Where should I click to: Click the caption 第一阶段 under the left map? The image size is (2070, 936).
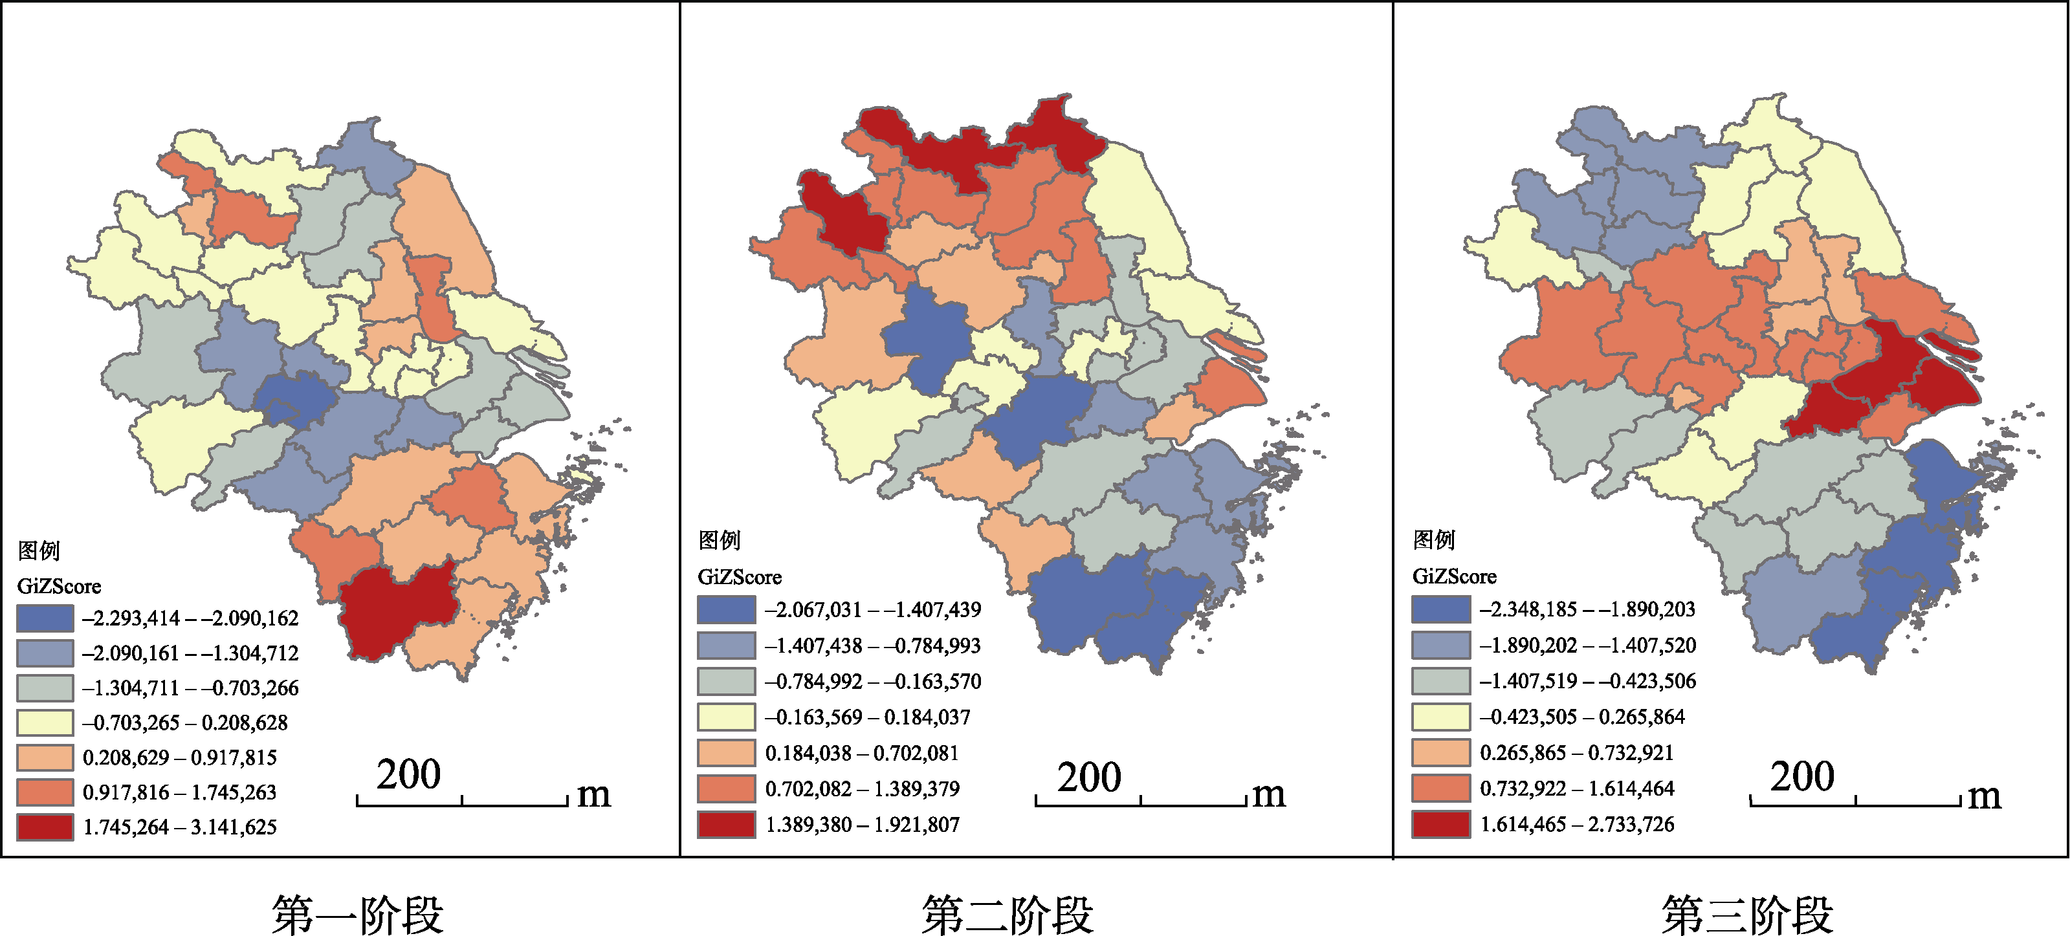point(358,914)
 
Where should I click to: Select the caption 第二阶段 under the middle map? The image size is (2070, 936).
point(1007,914)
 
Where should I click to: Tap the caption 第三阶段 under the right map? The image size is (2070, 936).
point(1748,914)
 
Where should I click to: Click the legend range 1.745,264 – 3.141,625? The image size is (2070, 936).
point(180,827)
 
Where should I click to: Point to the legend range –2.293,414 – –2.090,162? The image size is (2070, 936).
point(190,618)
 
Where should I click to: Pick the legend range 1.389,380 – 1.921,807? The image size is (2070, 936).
point(863,824)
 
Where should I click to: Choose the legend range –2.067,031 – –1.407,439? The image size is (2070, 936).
point(873,610)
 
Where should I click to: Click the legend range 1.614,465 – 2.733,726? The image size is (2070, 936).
point(1578,824)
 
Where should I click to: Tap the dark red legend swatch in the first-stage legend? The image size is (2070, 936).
point(45,827)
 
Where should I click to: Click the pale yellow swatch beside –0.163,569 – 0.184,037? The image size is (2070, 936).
point(727,717)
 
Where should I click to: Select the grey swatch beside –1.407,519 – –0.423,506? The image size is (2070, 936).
point(1442,680)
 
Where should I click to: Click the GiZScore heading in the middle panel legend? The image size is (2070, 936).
point(739,577)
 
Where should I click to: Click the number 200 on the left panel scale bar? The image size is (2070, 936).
point(408,774)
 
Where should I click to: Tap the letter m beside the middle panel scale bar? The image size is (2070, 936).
point(1269,794)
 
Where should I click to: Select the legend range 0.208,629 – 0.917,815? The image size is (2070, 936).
point(180,757)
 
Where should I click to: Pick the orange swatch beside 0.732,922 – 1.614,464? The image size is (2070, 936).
point(1442,788)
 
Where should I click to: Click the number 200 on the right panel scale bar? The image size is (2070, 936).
point(1802,776)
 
